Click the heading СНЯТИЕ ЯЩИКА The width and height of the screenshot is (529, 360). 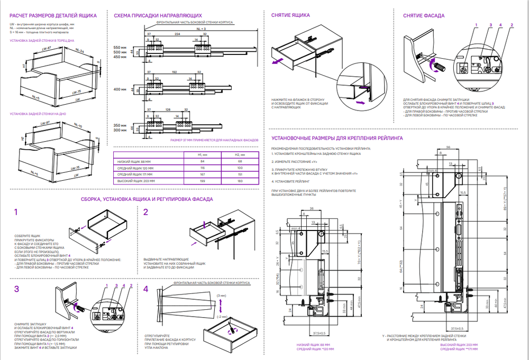tap(290, 16)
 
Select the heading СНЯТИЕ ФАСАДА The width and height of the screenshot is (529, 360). tap(423, 16)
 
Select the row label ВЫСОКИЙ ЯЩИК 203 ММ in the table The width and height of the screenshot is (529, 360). tap(134, 181)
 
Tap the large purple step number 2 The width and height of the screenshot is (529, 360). tap(146, 212)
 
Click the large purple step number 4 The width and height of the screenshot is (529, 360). tap(146, 289)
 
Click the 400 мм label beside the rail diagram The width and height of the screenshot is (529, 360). tap(121, 90)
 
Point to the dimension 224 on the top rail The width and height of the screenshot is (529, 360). tap(177, 33)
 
